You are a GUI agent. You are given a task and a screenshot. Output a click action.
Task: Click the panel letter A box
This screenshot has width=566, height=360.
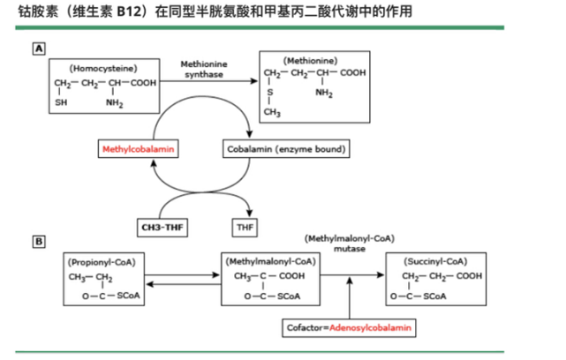coord(40,49)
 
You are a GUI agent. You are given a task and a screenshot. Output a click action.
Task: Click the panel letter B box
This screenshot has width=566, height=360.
coord(40,239)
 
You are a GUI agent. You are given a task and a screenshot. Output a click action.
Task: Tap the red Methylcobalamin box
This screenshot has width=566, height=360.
coord(139,149)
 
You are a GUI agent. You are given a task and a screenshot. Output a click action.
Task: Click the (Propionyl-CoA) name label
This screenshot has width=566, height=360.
coord(96,262)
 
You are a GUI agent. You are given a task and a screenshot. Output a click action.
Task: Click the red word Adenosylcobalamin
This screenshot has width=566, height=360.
coord(371,327)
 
